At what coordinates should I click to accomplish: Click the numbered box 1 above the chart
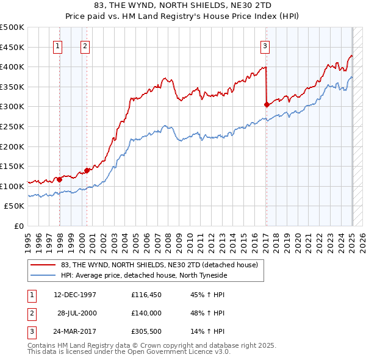[58, 46]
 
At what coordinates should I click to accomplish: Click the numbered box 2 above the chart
[85, 46]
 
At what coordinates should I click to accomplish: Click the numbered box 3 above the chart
[265, 46]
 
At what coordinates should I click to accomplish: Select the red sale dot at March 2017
[267, 104]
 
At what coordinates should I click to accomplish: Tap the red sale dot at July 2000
[87, 170]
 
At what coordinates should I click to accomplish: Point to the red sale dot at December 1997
[60, 179]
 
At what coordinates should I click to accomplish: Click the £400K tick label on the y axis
[12, 67]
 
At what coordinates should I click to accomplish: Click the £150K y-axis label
[12, 166]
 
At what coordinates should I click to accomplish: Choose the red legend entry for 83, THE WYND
[160, 265]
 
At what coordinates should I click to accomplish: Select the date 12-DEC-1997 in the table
[75, 295]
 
